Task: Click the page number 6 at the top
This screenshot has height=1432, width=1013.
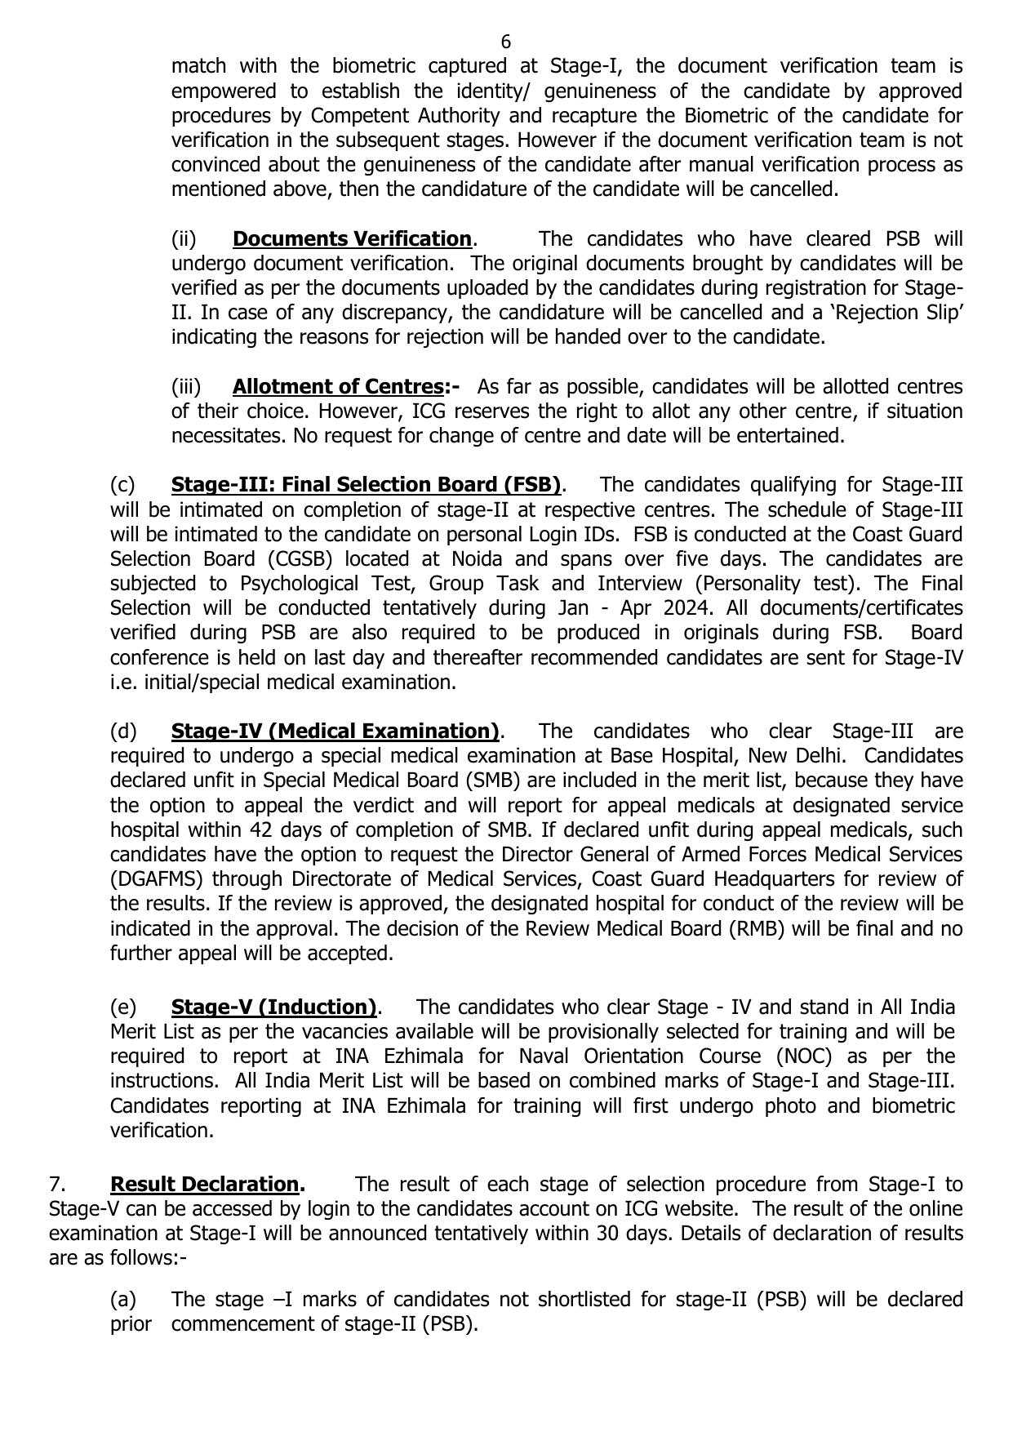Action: (x=506, y=42)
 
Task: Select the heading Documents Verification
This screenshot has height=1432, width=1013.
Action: (x=352, y=239)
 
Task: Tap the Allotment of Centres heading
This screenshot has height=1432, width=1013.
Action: (x=337, y=386)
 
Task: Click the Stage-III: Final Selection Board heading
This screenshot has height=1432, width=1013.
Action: (x=366, y=485)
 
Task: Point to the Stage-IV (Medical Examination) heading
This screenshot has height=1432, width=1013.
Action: (x=335, y=731)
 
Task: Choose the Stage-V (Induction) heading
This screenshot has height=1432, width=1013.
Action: (x=273, y=1007)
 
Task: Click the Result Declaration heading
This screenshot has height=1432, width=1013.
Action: (x=205, y=1184)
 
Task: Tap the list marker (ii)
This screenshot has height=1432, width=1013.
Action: (x=184, y=239)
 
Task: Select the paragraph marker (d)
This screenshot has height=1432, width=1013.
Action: (x=123, y=731)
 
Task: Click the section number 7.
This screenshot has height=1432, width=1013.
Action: (x=56, y=1184)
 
